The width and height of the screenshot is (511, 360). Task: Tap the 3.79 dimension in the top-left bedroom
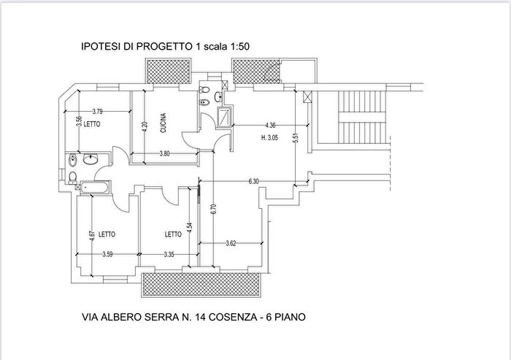coord(98,111)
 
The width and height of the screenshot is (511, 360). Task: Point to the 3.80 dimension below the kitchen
coord(165,153)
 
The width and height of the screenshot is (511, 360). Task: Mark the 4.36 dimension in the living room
coord(270,124)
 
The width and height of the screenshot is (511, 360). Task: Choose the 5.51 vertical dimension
coord(296,137)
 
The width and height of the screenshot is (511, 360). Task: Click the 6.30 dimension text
coord(254,180)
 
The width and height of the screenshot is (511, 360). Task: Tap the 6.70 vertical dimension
coord(214,207)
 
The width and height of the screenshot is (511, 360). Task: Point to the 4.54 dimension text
coord(190,227)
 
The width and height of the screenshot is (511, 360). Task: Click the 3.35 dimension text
coord(168,254)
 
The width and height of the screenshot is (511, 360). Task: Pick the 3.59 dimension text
coord(108,254)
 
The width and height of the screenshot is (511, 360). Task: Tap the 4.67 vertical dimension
coord(91,235)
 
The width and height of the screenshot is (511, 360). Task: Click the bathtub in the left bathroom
coord(94,188)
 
